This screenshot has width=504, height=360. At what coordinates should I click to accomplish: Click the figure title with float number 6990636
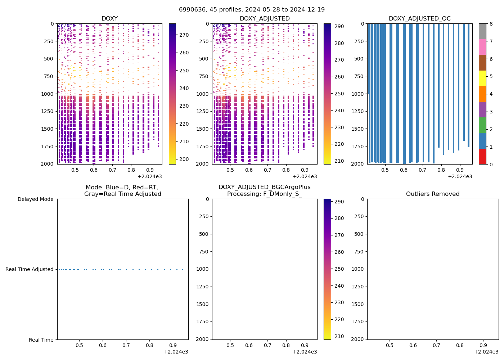pos(252,9)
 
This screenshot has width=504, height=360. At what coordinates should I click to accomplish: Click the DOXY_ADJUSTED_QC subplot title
pos(419,18)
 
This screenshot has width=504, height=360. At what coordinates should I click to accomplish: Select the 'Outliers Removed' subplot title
pos(433,194)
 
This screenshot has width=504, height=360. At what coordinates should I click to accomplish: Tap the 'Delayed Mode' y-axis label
pos(35,199)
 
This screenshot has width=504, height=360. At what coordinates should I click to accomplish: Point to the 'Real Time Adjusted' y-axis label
pos(30,269)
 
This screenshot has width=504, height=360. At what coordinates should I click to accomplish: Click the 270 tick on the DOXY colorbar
pos(184,35)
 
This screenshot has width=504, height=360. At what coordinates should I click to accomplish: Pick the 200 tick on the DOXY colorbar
pos(184,159)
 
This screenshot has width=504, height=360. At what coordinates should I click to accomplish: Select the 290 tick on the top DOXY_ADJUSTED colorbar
pos(339,26)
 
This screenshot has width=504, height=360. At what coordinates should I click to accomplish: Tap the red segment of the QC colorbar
pos(482,156)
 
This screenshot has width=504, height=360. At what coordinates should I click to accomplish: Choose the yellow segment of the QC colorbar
pos(482,78)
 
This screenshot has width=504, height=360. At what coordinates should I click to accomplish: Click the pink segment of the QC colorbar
pos(482,47)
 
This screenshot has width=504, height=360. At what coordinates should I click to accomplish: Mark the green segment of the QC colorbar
pos(482,125)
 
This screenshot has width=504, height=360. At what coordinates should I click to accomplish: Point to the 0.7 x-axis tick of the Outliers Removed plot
pos(436,345)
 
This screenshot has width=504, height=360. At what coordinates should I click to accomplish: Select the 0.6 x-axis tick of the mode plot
pos(103,345)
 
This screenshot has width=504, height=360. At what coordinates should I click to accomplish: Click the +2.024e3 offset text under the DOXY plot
pos(150,176)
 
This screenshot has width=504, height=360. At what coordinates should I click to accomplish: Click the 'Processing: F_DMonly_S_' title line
pos(265,194)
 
